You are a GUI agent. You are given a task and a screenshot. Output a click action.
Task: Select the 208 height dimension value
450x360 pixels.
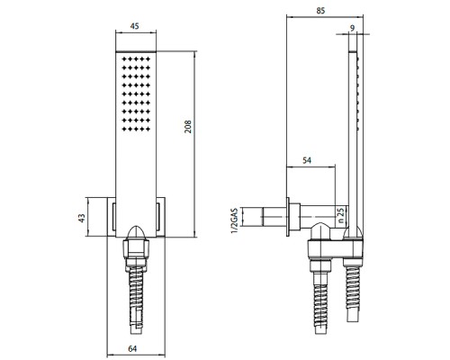188,129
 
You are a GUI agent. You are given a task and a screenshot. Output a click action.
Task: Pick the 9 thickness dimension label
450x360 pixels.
351,29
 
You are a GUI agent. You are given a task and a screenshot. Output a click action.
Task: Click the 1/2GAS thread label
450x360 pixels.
233,220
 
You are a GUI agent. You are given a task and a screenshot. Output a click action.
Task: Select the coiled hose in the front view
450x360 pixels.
135,292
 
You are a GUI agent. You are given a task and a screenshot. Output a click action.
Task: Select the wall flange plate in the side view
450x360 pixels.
289,218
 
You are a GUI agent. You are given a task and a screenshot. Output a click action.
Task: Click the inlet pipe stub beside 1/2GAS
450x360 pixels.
265,218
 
